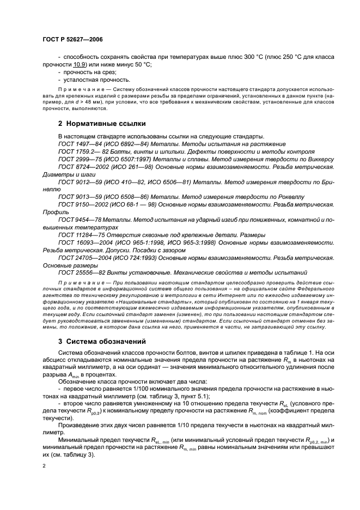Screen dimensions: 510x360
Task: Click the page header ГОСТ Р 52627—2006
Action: [72, 40]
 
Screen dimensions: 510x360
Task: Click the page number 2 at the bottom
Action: [44, 466]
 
